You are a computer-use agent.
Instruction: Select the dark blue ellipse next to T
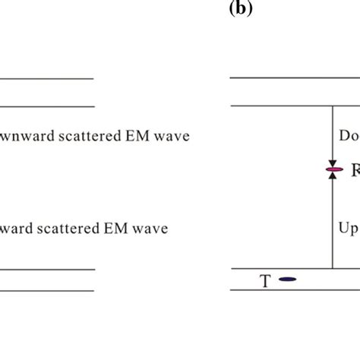286,279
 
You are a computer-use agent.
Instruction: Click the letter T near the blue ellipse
265,281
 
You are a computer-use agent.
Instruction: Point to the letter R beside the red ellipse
354,172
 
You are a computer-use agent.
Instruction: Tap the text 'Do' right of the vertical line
348,137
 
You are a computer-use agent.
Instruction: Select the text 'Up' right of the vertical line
349,228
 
